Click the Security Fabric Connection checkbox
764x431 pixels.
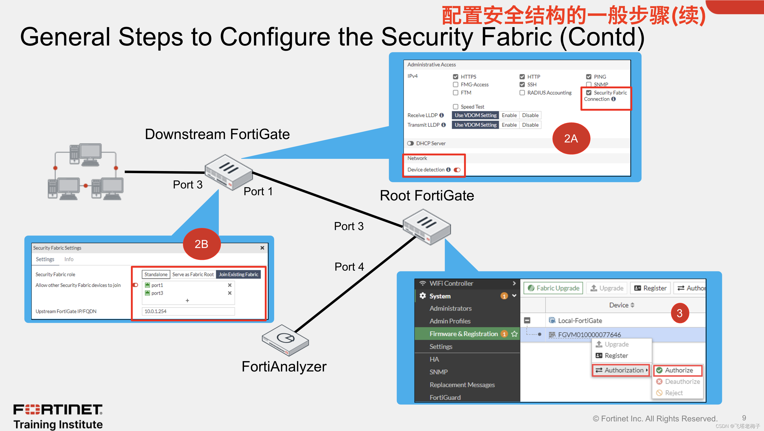pos(589,93)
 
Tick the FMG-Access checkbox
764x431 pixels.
pos(456,84)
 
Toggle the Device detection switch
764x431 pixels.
pos(457,170)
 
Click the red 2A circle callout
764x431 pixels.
pos(571,139)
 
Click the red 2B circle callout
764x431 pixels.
pos(201,244)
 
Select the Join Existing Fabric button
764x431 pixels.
pos(239,275)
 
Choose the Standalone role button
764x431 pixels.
pos(156,275)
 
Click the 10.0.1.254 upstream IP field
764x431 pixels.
pos(188,311)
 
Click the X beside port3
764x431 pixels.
pos(229,293)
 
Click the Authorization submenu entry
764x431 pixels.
pos(621,370)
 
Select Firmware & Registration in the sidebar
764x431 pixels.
pos(464,334)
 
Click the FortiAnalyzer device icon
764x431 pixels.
pos(285,340)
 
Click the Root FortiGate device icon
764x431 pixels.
pos(427,227)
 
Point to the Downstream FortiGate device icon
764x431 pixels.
pos(229,172)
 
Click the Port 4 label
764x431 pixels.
pos(349,267)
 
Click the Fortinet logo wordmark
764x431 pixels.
pos(58,410)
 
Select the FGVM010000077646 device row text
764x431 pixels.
pos(589,335)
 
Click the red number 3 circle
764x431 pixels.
pos(680,313)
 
